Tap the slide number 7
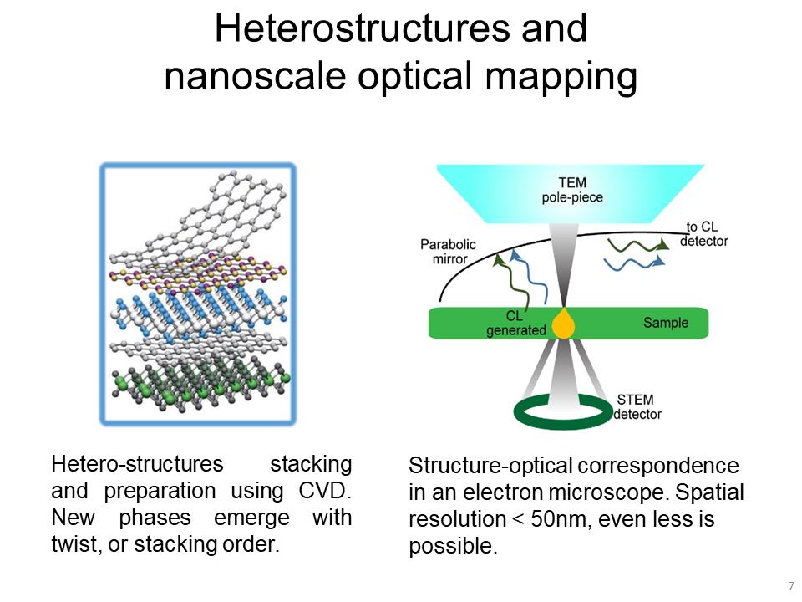[x=790, y=585]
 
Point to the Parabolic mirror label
[x=448, y=252]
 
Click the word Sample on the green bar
[x=666, y=323]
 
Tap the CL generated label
[x=515, y=324]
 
